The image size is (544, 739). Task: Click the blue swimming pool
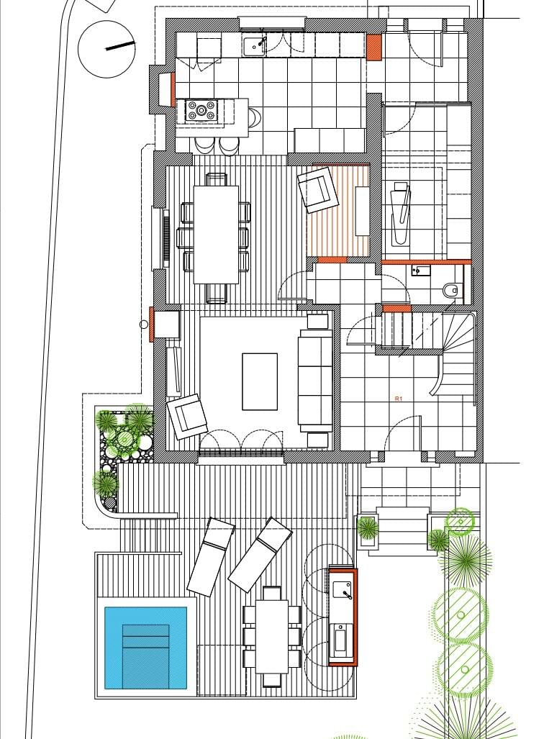coord(145,648)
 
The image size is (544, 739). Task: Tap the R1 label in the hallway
coord(399,399)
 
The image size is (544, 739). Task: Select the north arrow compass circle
coord(106,49)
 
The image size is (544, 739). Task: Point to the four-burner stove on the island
coord(201,111)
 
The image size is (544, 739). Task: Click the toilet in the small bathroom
coord(450,290)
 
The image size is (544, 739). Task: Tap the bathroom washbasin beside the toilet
coord(421,270)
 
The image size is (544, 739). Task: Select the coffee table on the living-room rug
coord(260,381)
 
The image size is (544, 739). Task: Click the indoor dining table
coord(216,235)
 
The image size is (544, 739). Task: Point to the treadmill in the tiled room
coord(402,214)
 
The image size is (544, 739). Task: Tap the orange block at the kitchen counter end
coord(374,47)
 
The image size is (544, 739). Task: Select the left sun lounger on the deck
coord(211,557)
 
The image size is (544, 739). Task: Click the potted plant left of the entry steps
coord(367,528)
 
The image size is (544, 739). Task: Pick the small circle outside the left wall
coord(144,325)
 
